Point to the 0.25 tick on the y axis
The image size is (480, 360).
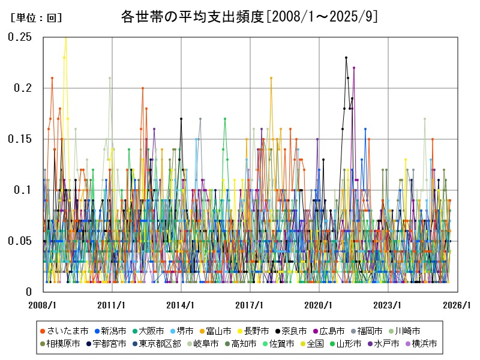20,37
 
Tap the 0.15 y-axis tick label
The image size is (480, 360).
20,139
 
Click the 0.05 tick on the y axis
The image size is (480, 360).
20,241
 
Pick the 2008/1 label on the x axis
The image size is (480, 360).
43,305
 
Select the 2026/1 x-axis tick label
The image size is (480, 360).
457,305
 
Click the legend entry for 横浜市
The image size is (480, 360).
420,344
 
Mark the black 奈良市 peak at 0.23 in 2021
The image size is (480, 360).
346,58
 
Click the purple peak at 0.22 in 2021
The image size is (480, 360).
354,68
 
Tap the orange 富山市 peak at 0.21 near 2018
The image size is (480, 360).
271,78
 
